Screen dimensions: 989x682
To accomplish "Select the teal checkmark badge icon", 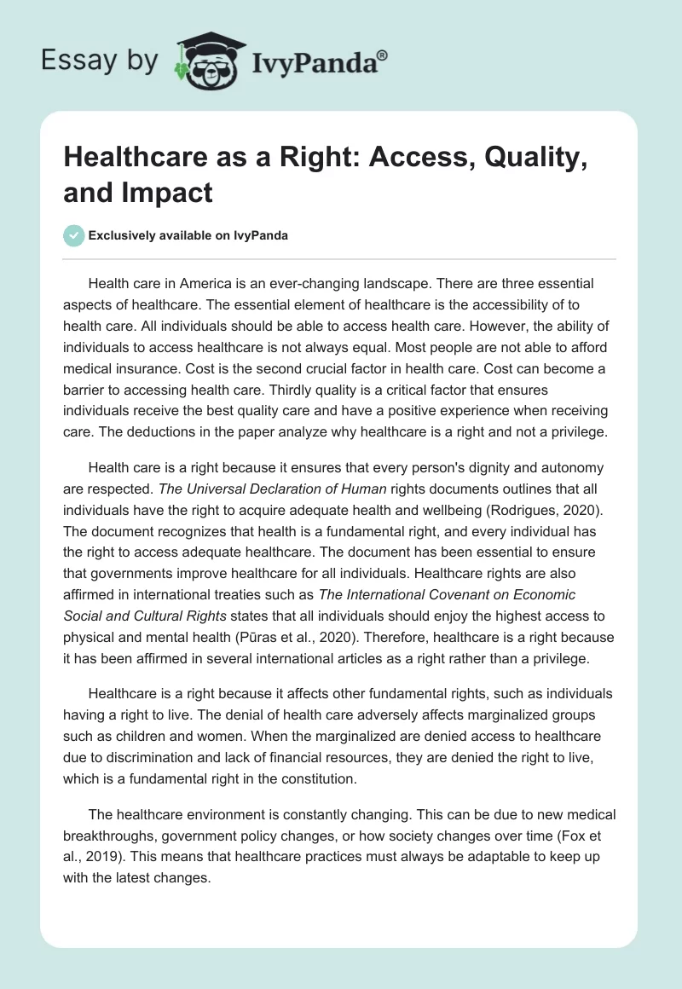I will point(74,235).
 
